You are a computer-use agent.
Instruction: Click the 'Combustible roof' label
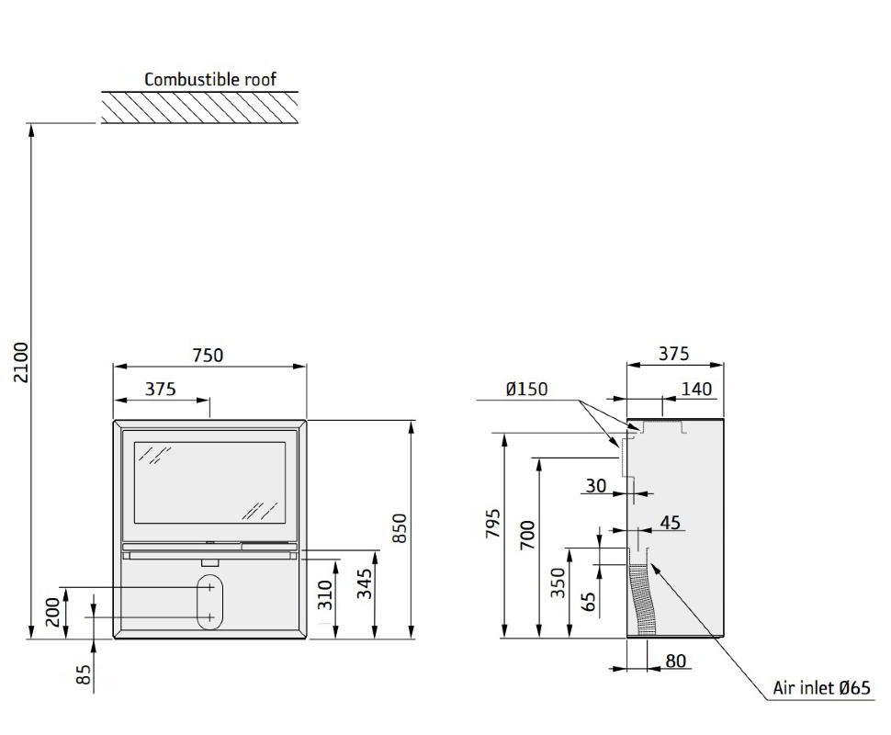210,79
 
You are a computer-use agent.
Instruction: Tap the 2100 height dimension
21,362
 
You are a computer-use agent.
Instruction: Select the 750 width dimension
208,356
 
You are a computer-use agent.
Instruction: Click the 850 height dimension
400,527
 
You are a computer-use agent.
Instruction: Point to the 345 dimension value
365,583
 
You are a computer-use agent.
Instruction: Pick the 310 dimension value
325,594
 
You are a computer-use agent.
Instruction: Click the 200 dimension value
52,612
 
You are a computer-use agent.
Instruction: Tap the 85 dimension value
83,674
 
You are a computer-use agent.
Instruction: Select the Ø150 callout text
526,389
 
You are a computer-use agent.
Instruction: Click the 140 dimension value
696,389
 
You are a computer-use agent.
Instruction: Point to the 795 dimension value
492,523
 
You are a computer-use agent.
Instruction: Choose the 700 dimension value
527,535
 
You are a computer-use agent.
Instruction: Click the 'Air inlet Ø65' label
821,688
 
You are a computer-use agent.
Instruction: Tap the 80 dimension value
676,661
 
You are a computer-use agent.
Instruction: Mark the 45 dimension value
671,523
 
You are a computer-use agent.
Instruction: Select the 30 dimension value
596,486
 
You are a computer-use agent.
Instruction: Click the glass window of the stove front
209,482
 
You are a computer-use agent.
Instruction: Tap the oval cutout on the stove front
209,602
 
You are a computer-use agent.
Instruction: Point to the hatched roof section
200,107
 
